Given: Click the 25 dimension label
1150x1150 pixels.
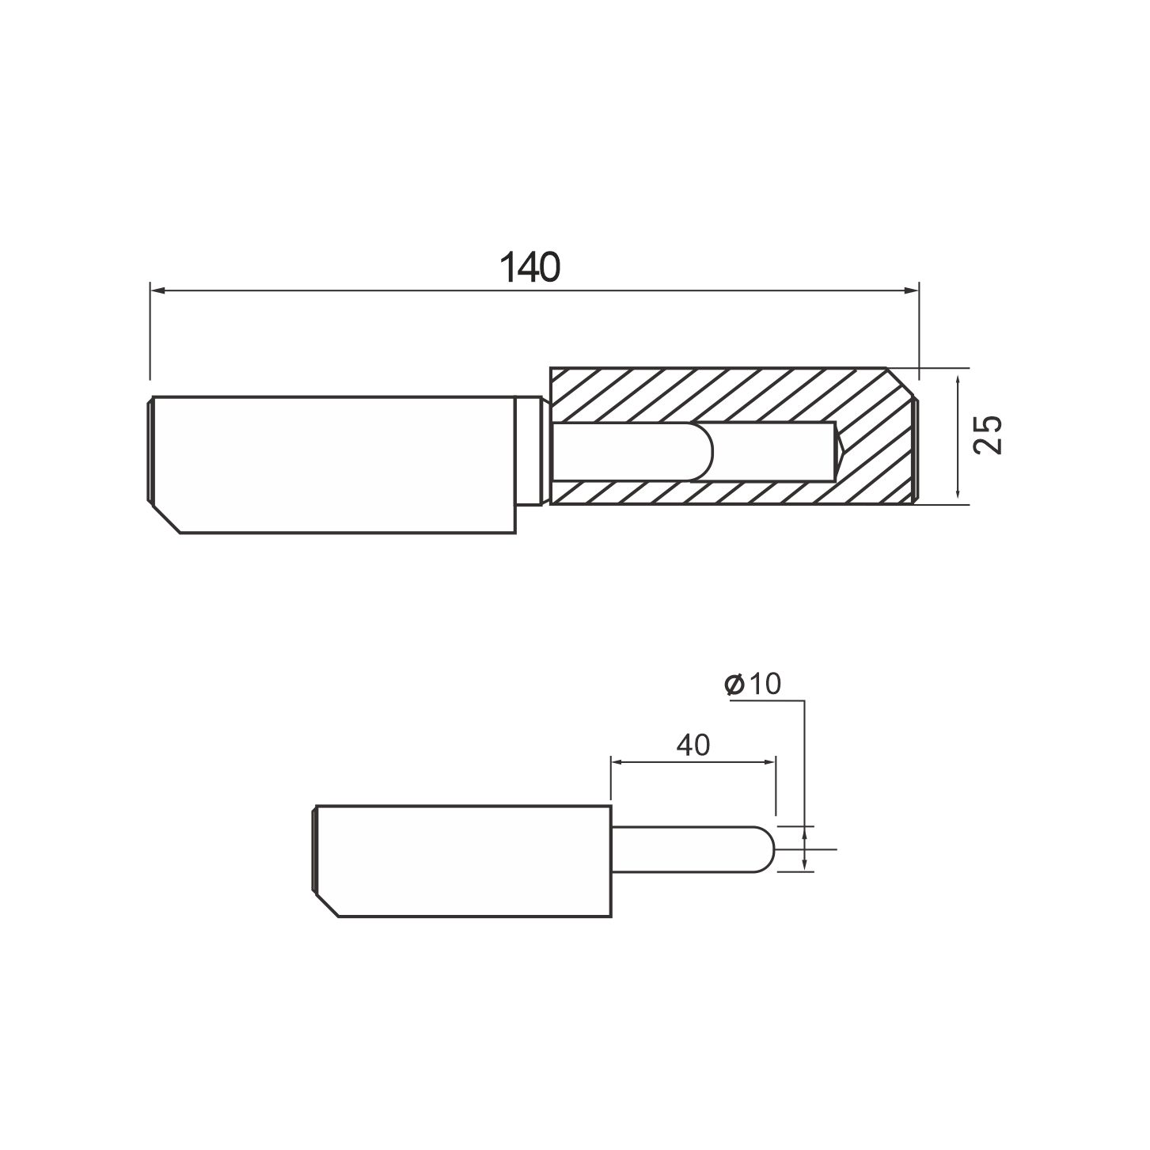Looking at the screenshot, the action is click(988, 435).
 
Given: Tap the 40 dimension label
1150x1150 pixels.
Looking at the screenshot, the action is click(693, 745).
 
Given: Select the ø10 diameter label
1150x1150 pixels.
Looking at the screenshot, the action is click(753, 684).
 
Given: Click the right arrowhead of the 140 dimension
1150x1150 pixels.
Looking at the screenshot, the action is click(911, 290).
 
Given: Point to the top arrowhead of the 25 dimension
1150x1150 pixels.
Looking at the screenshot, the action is click(958, 383).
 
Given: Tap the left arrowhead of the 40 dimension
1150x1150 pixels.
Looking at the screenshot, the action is click(618, 762).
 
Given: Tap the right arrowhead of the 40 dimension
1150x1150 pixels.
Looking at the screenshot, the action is click(769, 762).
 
